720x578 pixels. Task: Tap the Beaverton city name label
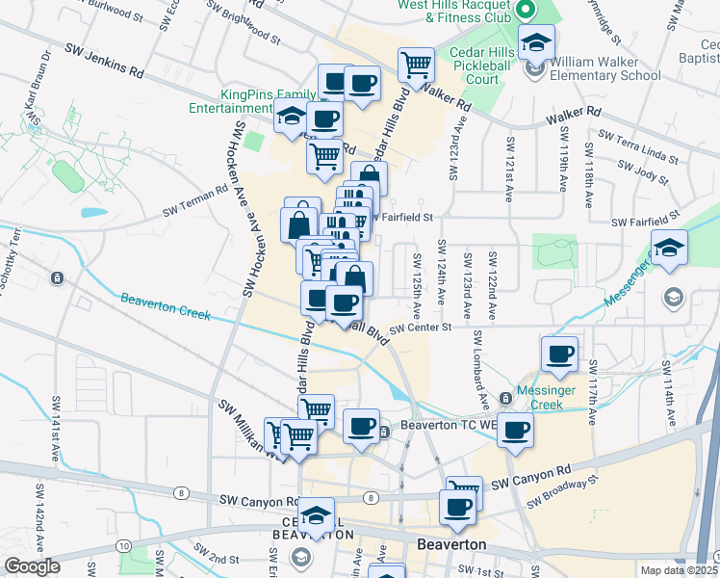pyautogui.click(x=451, y=545)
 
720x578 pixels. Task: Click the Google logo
pyautogui.click(x=32, y=566)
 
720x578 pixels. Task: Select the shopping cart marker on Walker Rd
pyautogui.click(x=416, y=65)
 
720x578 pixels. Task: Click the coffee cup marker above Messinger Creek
pyautogui.click(x=558, y=354)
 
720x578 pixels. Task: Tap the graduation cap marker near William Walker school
pyautogui.click(x=536, y=42)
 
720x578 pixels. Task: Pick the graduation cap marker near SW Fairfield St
pyautogui.click(x=669, y=248)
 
